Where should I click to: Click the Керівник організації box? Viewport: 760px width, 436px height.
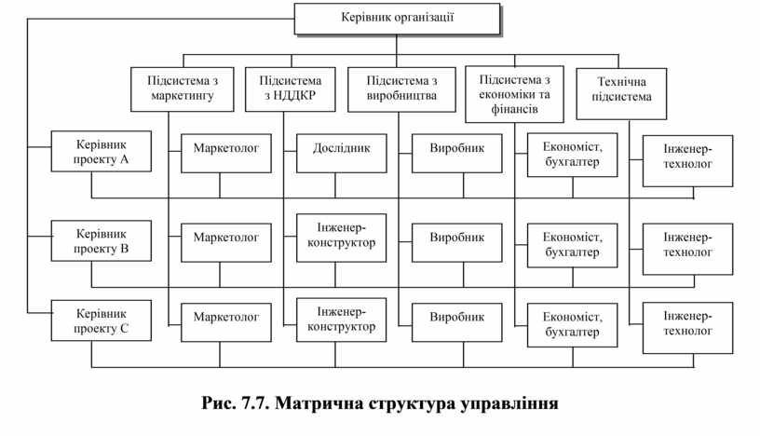tap(396, 19)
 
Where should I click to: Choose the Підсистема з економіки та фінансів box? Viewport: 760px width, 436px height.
tap(514, 93)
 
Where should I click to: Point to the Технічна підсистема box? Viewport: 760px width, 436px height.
tap(621, 93)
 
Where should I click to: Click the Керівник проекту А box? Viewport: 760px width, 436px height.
tap(101, 153)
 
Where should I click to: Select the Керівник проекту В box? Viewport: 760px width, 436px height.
tap(101, 241)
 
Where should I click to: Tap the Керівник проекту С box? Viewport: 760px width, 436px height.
tap(101, 320)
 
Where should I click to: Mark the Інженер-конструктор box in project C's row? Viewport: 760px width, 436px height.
tap(342, 319)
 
